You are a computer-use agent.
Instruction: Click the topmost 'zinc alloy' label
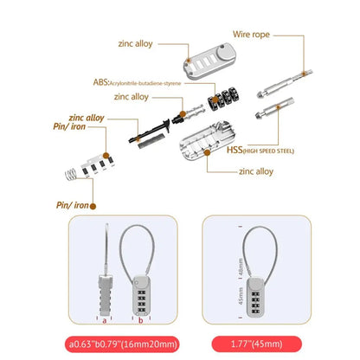click(137, 42)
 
